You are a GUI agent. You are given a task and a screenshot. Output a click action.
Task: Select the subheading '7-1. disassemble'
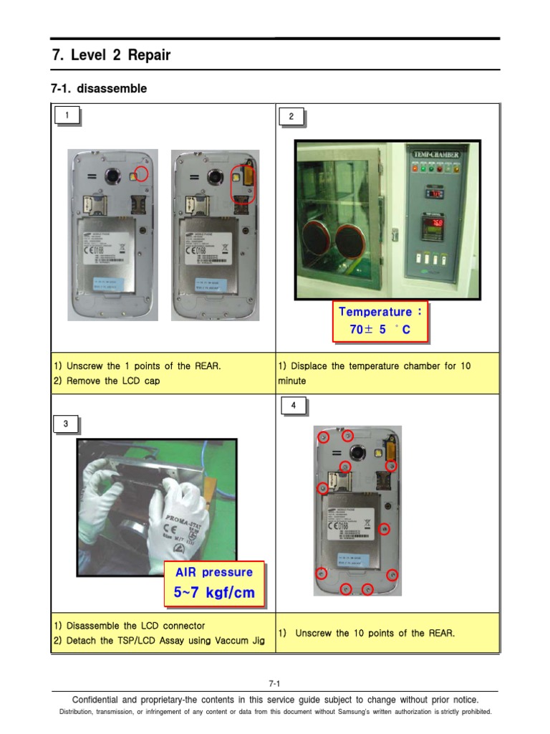click(99, 89)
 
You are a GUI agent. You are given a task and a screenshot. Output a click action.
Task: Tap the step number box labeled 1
click(67, 115)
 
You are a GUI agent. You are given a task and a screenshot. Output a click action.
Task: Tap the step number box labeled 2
click(291, 117)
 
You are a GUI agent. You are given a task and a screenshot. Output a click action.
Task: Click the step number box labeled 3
click(66, 424)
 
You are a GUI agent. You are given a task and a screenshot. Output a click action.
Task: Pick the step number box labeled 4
click(292, 406)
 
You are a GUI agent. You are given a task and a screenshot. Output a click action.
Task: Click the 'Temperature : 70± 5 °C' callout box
click(380, 321)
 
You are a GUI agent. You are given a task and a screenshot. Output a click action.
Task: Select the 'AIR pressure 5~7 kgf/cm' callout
click(213, 583)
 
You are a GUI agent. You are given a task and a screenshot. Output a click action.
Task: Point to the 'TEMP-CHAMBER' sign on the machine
click(437, 153)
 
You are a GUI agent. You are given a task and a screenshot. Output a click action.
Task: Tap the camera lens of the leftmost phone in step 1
click(112, 176)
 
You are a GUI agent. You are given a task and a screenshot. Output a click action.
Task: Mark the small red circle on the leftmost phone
click(141, 174)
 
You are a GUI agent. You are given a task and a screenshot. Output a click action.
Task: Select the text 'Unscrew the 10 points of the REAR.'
click(375, 633)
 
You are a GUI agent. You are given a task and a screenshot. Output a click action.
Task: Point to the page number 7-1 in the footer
click(274, 684)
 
